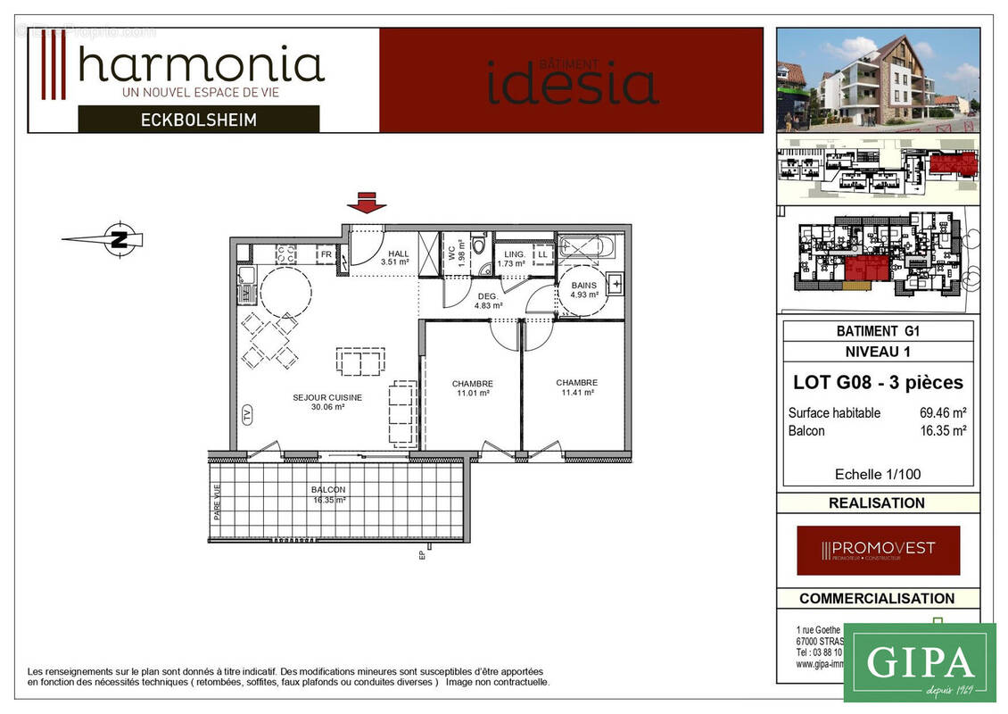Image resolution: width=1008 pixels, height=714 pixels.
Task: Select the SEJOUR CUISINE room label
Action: coord(327,402)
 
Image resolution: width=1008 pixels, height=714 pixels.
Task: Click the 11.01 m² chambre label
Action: coord(472,388)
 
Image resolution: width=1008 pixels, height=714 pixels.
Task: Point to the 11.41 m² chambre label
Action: coord(576,387)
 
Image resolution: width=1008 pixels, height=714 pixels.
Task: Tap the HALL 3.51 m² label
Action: coord(394,258)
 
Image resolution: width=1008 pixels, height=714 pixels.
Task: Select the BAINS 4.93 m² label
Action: coord(584,289)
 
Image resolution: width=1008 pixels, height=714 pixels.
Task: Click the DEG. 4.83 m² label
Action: coord(488,301)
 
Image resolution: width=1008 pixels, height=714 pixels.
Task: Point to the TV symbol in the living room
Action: coord(247,414)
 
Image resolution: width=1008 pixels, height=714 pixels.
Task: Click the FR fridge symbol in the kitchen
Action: coord(326,255)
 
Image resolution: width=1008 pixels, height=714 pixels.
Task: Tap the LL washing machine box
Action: coord(541,255)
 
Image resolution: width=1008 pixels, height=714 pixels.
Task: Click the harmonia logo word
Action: coord(201,66)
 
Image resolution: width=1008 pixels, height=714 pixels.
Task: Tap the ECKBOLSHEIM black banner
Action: coord(198,119)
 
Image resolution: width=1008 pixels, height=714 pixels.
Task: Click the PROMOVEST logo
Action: coord(878,550)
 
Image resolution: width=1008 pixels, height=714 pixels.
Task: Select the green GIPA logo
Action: coord(919,662)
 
